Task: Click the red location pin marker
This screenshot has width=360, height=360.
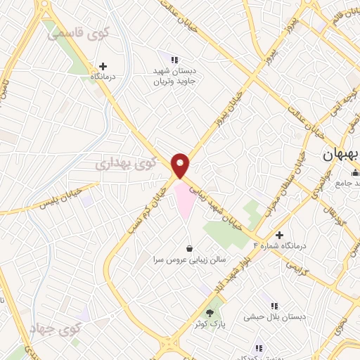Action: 181,165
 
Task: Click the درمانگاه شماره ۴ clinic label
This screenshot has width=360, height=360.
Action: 281,247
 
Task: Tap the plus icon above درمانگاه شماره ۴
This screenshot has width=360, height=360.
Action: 281,235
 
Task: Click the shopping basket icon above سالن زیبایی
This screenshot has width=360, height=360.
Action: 190,248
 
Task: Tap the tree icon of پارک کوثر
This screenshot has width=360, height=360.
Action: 210,311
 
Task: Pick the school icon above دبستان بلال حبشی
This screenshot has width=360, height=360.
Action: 274,305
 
